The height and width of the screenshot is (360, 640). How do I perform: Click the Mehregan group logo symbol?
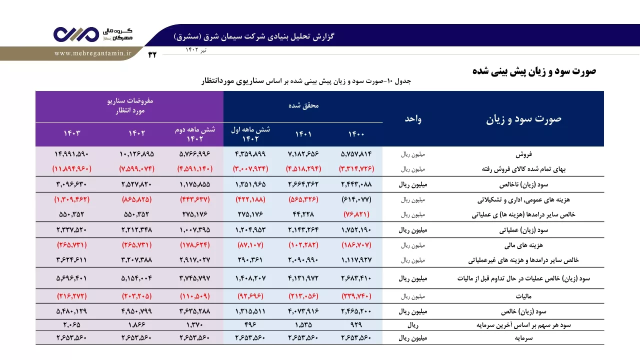[x=76, y=34]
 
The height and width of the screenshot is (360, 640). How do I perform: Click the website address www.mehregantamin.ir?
[x=93, y=53]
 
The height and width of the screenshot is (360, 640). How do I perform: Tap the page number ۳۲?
[x=152, y=54]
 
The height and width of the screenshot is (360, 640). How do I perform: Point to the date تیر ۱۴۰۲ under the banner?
[x=196, y=50]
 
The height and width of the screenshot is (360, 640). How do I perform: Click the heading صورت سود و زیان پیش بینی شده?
[x=534, y=71]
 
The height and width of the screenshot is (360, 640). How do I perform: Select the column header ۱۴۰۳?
[x=72, y=133]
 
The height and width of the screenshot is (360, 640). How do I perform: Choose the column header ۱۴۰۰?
[x=356, y=134]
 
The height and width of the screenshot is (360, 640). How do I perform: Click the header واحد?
[x=413, y=119]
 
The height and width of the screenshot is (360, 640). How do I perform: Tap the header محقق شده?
[x=303, y=105]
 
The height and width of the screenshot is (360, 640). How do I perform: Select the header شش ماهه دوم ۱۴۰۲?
[x=195, y=134]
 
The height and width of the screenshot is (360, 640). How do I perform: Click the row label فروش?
[x=523, y=154]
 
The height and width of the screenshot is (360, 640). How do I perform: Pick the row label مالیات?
[x=523, y=296]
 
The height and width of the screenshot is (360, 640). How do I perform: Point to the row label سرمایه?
[x=523, y=338]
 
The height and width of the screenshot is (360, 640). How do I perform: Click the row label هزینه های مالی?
[x=523, y=245]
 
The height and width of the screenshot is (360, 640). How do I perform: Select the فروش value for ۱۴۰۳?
[x=71, y=154]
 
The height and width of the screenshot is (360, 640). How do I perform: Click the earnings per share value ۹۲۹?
[x=356, y=325]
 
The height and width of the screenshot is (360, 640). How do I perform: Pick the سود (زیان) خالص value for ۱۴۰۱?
[x=303, y=311]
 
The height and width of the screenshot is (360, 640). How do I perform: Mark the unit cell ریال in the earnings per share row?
[x=413, y=325]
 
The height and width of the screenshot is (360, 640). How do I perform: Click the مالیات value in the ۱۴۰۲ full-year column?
[x=137, y=296]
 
